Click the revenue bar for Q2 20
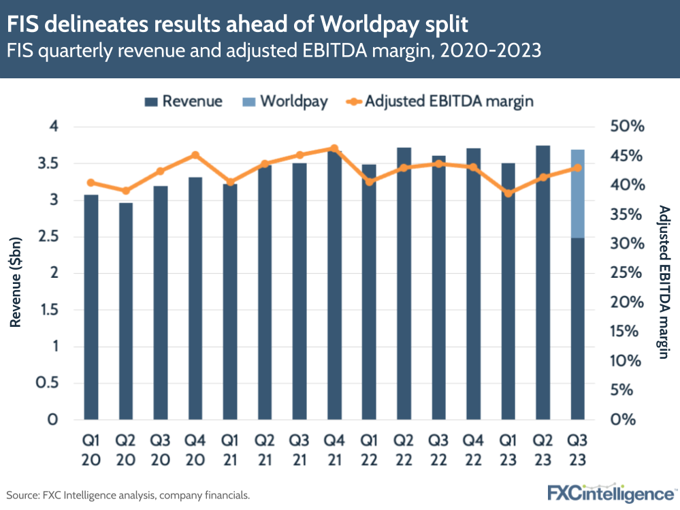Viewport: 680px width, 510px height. point(126,310)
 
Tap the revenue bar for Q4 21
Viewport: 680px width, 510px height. point(334,286)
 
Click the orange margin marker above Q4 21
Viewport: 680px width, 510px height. point(334,148)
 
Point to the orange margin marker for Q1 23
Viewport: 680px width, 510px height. point(508,193)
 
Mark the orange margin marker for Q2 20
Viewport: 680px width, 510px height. point(126,191)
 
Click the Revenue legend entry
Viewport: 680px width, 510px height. point(184,101)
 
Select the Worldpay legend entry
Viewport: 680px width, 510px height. point(285,101)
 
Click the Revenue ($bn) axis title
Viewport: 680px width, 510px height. point(16,273)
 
